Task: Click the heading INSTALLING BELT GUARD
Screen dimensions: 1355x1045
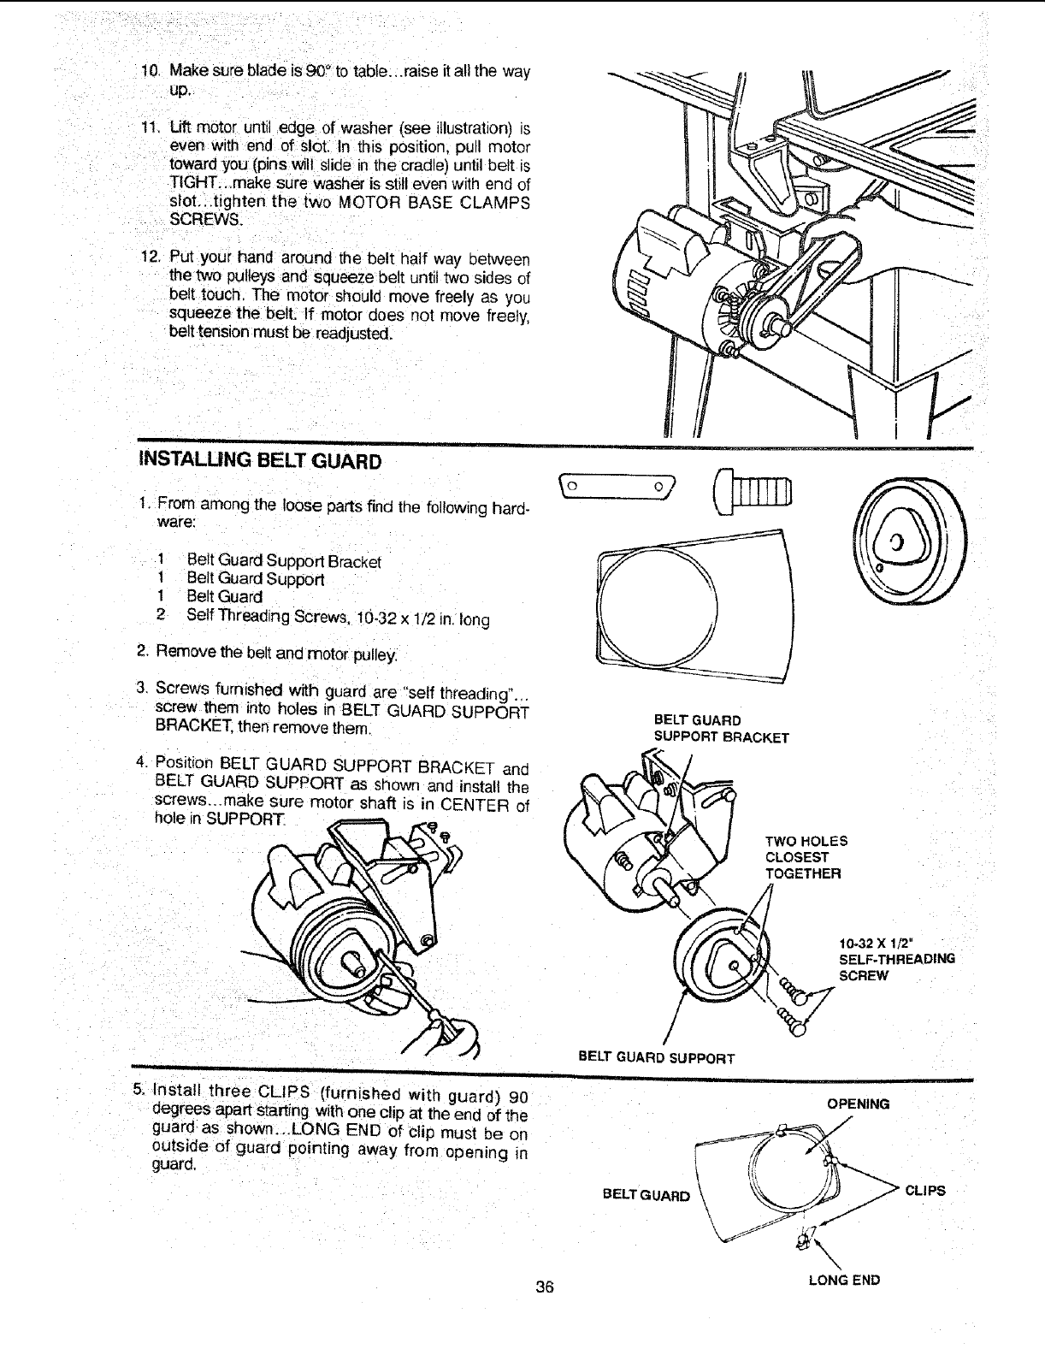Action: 259,462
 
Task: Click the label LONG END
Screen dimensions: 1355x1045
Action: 844,1281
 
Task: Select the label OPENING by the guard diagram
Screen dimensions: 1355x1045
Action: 858,1104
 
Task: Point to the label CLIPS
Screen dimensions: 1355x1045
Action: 925,1190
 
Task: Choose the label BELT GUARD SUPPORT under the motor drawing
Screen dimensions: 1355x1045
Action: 657,1058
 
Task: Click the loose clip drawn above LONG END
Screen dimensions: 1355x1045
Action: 805,1239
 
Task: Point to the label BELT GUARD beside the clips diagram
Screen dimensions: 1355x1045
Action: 646,1195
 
